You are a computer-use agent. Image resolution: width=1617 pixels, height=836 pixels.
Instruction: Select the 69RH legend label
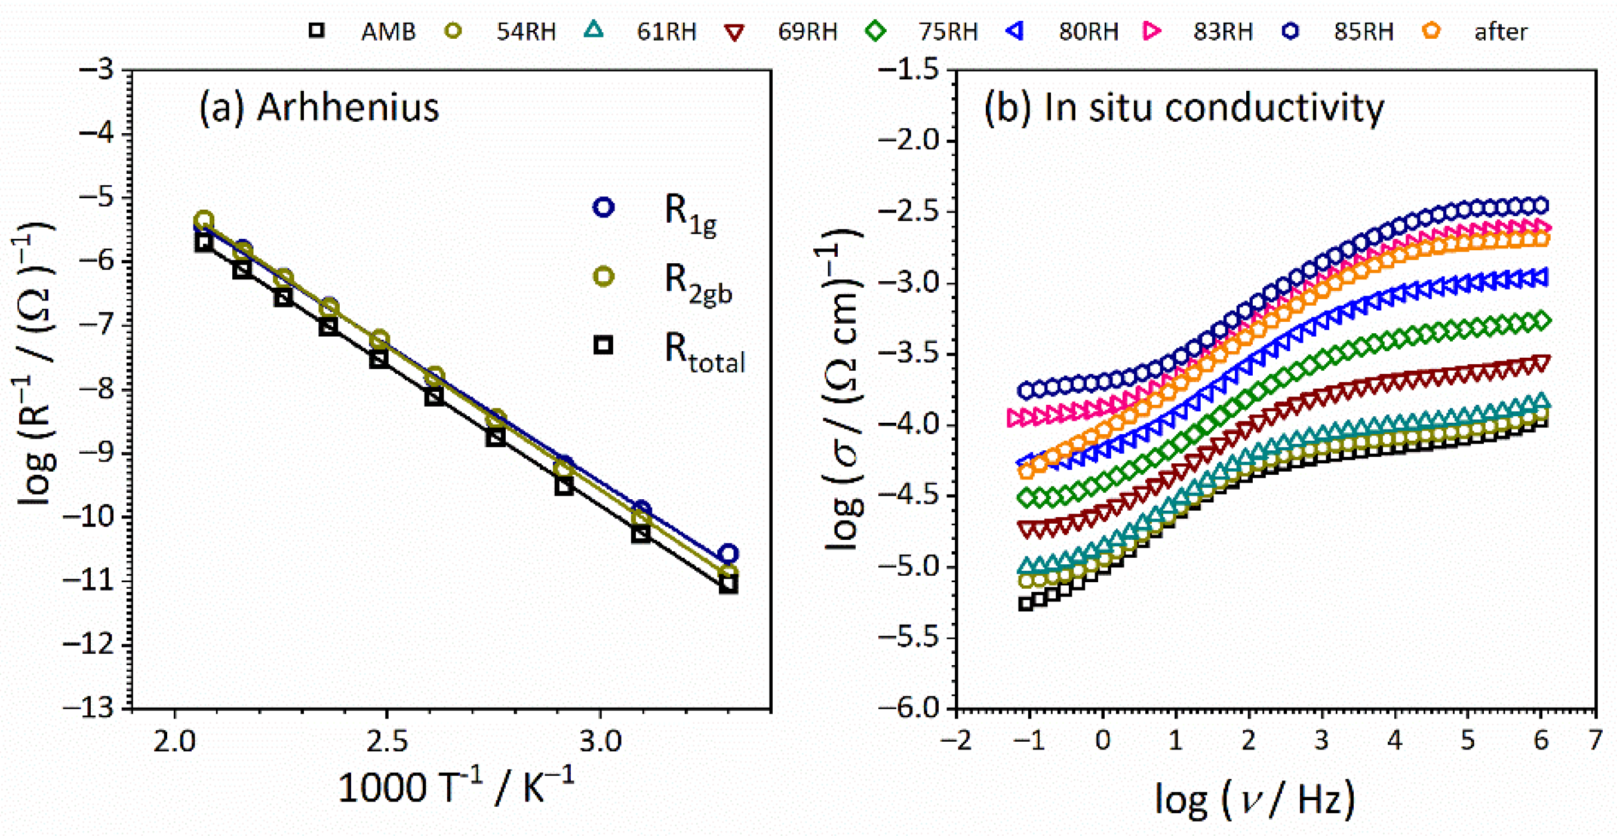pyautogui.click(x=807, y=32)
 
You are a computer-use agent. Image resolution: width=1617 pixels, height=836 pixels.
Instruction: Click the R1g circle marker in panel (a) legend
pyautogui.click(x=603, y=207)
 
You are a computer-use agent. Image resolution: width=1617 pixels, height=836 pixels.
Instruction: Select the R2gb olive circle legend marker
pyautogui.click(x=603, y=276)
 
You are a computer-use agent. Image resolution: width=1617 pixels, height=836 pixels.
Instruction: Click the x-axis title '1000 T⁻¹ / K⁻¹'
pyautogui.click(x=456, y=788)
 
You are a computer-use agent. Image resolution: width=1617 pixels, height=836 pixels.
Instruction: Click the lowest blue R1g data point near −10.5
pyautogui.click(x=727, y=554)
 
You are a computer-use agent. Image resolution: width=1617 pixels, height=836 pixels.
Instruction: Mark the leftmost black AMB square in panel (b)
pyautogui.click(x=1025, y=604)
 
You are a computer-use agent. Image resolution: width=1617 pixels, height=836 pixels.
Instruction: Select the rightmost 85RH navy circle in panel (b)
pyautogui.click(x=1541, y=205)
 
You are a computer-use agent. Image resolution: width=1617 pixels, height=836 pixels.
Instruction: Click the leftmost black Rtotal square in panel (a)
pyautogui.click(x=204, y=244)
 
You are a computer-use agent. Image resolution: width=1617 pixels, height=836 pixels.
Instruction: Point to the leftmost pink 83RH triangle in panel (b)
pyautogui.click(x=1013, y=417)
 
